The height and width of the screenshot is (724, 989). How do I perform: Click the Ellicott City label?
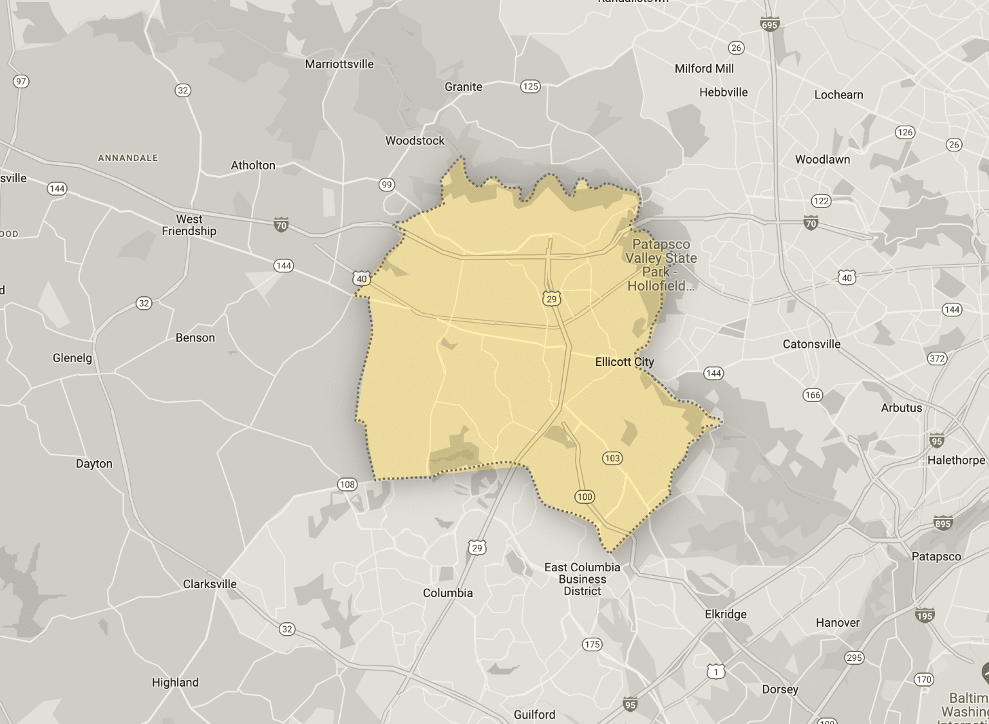[x=624, y=362]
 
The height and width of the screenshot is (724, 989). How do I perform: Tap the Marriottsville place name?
[x=339, y=64]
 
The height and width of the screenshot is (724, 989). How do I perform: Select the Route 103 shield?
[x=612, y=459]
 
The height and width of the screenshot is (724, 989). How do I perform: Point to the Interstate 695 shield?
[x=769, y=24]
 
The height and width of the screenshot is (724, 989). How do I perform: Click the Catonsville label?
[x=811, y=344]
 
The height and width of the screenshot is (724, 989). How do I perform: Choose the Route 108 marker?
[x=347, y=484]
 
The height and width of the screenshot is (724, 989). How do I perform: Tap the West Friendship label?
[x=189, y=225]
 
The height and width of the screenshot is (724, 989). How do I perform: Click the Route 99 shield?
[x=386, y=185]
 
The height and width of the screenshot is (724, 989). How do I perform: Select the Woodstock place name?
[x=415, y=140]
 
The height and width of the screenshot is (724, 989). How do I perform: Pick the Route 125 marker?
[x=530, y=86]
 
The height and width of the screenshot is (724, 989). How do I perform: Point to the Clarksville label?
[x=210, y=584]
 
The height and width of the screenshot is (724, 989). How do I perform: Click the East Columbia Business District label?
[x=582, y=579]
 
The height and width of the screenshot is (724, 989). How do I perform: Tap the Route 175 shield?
[x=592, y=644]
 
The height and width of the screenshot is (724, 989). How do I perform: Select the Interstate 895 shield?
[x=943, y=523]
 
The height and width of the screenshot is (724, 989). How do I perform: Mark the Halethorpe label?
[x=956, y=460]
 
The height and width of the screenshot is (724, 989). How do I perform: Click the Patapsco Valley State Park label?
[x=661, y=265]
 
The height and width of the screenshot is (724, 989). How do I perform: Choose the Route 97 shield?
[x=21, y=81]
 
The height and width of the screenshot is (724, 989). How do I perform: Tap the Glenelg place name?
[x=72, y=358]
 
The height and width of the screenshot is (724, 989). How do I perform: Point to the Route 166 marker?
[x=813, y=395]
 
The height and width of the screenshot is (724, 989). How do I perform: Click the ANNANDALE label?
[x=127, y=158]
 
